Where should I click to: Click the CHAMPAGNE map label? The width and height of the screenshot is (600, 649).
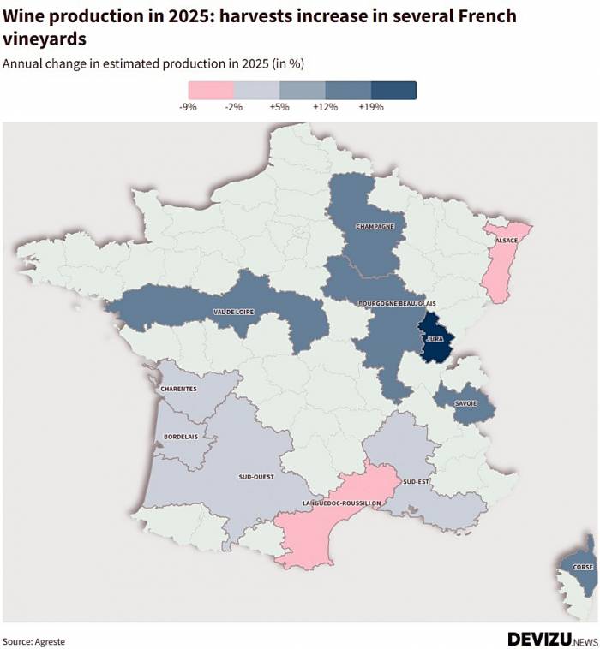pos(375,226)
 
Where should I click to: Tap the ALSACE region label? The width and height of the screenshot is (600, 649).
pos(506,241)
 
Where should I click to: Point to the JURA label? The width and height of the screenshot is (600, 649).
pos(435,339)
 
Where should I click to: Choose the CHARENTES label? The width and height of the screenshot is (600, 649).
pos(178,389)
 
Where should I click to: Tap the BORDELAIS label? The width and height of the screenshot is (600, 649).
pos(181,437)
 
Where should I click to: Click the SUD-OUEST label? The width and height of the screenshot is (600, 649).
pos(256,477)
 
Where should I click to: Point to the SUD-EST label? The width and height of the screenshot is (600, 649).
pos(415,482)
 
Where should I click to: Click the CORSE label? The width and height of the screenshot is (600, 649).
pos(583,568)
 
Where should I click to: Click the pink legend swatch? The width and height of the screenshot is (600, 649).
pos(211,90)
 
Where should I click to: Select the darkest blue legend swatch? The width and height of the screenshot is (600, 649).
pos(393,90)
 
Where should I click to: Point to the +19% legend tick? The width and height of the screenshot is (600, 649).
pos(371,107)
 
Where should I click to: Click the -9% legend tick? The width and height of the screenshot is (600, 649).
pos(188,107)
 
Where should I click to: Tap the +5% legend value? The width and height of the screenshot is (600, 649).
pos(279,107)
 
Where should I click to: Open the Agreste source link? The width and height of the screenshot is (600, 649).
pos(49,641)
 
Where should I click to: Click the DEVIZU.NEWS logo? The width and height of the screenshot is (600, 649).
pos(552,639)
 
